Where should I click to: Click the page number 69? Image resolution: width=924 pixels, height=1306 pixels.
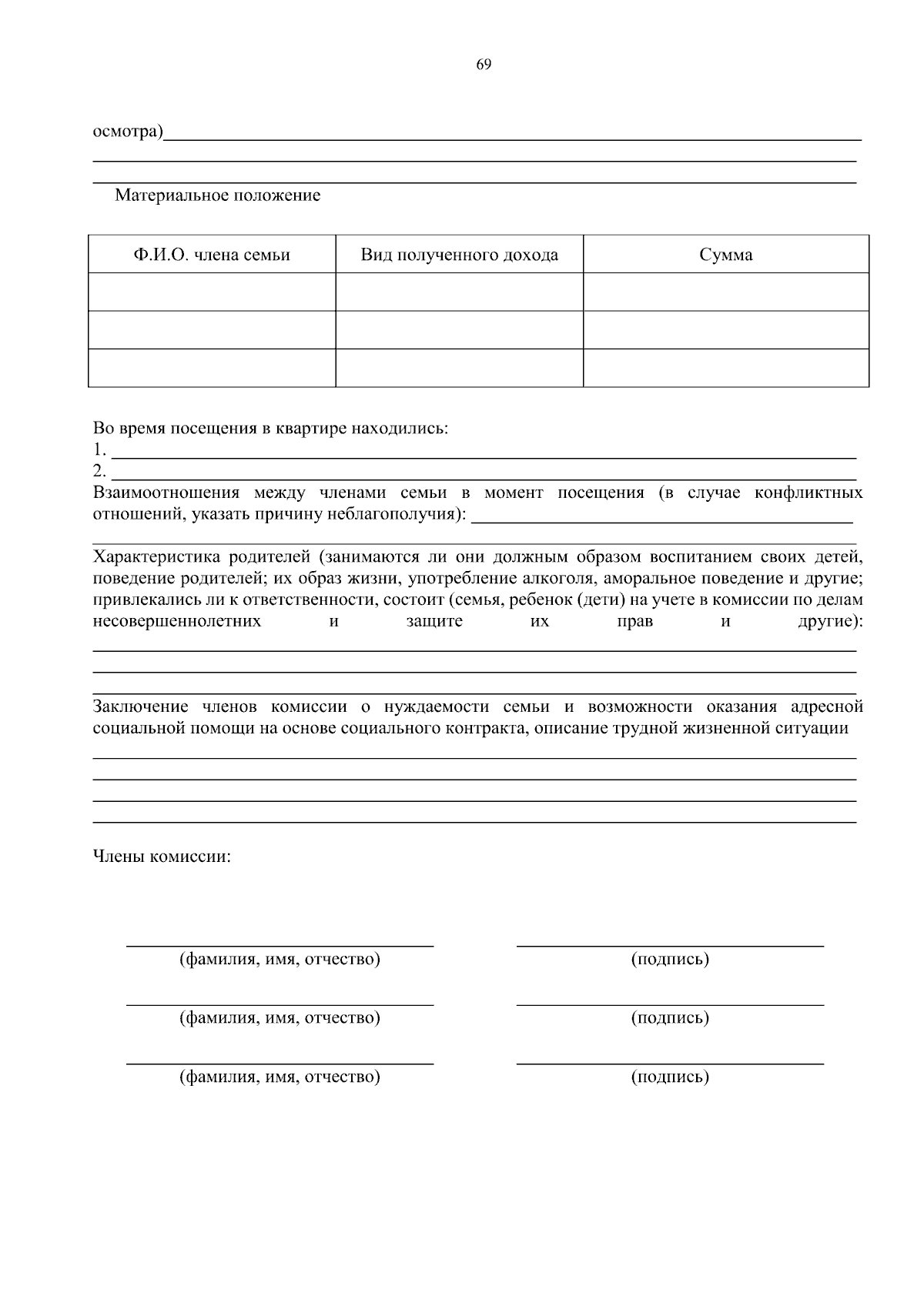(x=484, y=65)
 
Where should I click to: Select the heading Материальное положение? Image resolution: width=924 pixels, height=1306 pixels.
(x=217, y=195)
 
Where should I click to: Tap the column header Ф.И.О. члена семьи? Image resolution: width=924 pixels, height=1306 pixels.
(x=212, y=255)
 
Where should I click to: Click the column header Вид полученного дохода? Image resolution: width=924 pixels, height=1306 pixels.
(x=460, y=255)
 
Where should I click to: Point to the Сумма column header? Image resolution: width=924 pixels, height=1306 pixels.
(x=725, y=255)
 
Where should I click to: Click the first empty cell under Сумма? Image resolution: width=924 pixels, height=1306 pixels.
(x=725, y=292)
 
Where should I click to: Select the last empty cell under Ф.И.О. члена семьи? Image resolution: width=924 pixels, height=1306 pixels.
(x=212, y=368)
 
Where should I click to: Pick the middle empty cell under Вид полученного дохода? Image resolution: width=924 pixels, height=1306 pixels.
(x=460, y=330)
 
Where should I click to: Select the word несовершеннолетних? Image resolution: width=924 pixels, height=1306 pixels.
(x=176, y=621)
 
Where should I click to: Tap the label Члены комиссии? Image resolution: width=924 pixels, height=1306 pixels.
(x=162, y=857)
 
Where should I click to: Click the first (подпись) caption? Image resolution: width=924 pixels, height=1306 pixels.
(x=670, y=959)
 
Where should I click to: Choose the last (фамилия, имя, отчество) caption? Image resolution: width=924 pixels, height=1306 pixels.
(x=280, y=1077)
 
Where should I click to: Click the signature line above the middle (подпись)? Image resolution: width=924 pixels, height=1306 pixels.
(x=670, y=1004)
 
